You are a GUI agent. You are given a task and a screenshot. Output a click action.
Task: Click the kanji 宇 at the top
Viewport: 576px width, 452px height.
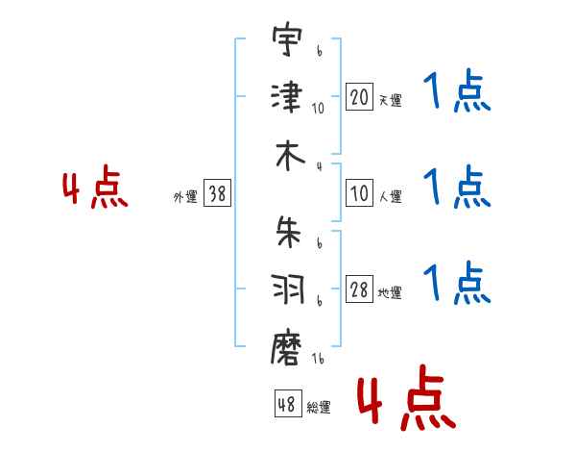click(x=287, y=39)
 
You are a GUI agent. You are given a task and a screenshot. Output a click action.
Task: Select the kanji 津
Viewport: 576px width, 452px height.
click(x=287, y=97)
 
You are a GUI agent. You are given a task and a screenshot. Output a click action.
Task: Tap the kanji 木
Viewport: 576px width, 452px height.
click(x=290, y=156)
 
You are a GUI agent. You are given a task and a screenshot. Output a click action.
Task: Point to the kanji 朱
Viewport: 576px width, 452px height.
click(x=288, y=232)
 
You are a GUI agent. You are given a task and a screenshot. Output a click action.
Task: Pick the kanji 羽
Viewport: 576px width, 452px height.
click(x=288, y=289)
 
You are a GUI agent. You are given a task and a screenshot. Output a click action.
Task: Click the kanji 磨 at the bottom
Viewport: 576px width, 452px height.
click(x=286, y=347)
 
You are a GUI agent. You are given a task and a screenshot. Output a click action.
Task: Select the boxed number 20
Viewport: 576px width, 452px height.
click(x=359, y=97)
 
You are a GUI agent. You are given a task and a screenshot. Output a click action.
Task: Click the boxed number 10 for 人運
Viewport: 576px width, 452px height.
click(x=359, y=193)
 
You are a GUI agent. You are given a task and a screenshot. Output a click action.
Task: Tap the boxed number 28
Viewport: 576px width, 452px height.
click(x=359, y=289)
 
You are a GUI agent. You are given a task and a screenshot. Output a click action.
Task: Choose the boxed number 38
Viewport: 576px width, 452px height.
click(x=217, y=192)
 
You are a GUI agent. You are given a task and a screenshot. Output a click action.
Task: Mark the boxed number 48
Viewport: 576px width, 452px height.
click(x=288, y=403)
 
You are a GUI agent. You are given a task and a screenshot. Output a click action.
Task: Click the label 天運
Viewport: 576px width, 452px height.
click(x=391, y=100)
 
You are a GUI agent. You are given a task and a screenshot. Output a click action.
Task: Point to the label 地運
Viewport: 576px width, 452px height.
click(x=390, y=293)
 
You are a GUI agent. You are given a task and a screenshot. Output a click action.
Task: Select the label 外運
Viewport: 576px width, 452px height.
click(x=185, y=196)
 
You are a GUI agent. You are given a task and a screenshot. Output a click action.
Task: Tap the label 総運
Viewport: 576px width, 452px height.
click(x=319, y=407)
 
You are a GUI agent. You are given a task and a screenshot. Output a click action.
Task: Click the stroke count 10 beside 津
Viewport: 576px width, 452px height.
click(x=318, y=109)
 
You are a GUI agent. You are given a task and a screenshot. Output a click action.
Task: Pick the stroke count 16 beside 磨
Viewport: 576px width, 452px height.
click(x=318, y=359)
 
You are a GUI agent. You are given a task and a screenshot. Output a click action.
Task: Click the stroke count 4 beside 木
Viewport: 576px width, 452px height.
click(x=320, y=166)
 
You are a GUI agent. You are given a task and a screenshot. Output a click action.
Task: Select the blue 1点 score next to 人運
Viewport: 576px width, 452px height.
click(x=457, y=187)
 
